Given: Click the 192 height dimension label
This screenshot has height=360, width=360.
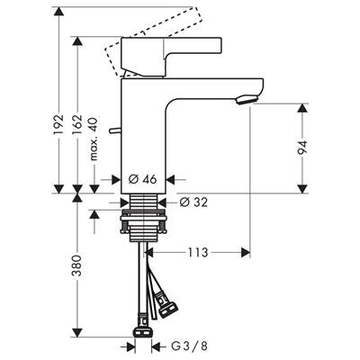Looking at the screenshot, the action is click(x=58, y=124).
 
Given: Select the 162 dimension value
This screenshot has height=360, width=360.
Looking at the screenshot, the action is click(x=77, y=124).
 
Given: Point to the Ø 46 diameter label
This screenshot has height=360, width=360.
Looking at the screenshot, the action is click(x=142, y=179).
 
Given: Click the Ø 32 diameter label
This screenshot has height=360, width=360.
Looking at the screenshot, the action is click(x=193, y=202).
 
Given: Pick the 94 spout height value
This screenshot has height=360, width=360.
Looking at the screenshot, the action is click(x=302, y=148).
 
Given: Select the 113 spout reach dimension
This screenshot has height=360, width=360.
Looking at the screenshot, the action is click(x=198, y=252).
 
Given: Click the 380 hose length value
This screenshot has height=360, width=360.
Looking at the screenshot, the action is click(x=77, y=265).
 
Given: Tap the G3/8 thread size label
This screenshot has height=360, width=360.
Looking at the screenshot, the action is click(x=189, y=346).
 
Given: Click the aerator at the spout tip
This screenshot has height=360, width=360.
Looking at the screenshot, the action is click(x=247, y=99).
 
